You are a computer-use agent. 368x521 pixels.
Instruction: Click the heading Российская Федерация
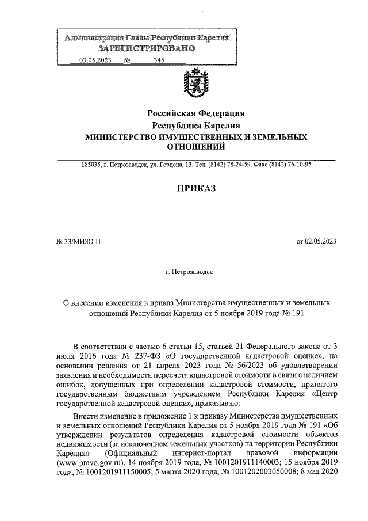tap(197, 113)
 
